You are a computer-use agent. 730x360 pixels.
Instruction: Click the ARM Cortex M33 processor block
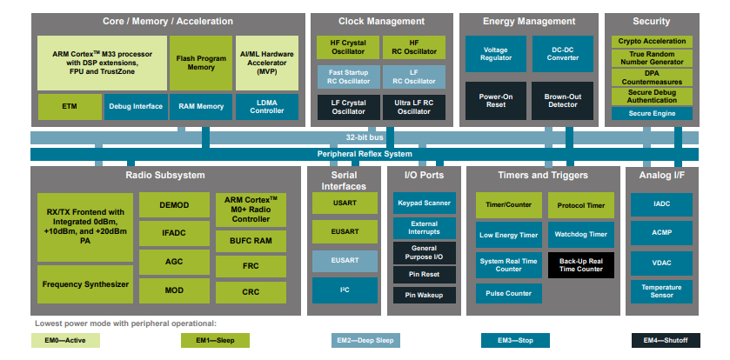pyautogui.click(x=102, y=62)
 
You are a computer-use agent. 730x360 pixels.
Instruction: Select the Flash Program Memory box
pyautogui.click(x=201, y=62)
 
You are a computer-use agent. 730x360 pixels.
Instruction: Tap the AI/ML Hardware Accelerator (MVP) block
pyautogui.click(x=267, y=62)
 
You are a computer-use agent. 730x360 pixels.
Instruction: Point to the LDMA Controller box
pyautogui.click(x=267, y=106)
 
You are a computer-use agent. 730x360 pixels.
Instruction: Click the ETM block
pyautogui.click(x=69, y=106)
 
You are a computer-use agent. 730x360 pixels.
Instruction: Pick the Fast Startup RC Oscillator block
pyautogui.click(x=348, y=77)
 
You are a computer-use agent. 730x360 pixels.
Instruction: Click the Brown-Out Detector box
pyautogui.click(x=561, y=100)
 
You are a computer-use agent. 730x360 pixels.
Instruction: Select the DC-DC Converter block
pyautogui.click(x=561, y=53)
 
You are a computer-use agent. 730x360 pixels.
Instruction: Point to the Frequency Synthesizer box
pyautogui.click(x=85, y=284)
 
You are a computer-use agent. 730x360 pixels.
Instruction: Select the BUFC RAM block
pyautogui.click(x=251, y=239)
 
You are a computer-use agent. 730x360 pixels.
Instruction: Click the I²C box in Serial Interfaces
pyautogui.click(x=345, y=290)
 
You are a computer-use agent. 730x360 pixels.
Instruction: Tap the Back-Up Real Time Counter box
pyautogui.click(x=581, y=264)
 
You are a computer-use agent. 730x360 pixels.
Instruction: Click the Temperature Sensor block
pyautogui.click(x=661, y=290)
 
